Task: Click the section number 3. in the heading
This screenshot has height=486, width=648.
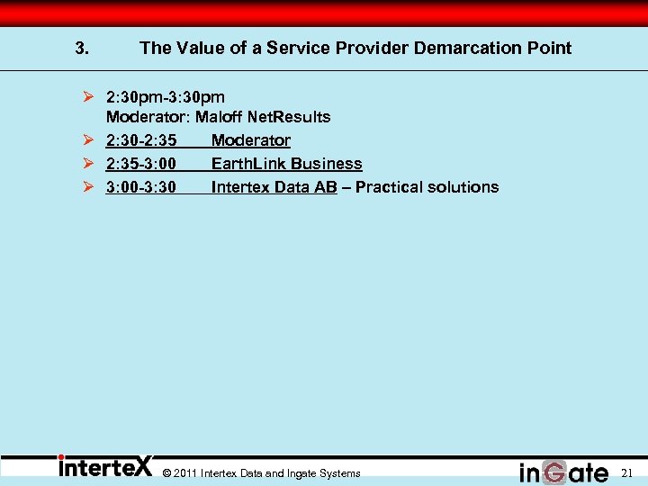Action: [x=82, y=49]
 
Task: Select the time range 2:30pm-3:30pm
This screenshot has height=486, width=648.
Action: [x=166, y=95]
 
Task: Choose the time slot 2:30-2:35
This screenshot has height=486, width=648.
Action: [x=140, y=140]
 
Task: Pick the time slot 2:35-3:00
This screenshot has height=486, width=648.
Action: [x=140, y=164]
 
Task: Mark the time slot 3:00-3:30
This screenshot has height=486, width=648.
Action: [x=140, y=187]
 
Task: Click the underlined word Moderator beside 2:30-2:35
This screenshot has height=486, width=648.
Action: [x=251, y=140]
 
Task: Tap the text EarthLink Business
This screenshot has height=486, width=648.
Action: [x=286, y=164]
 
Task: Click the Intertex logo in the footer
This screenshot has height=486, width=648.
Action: [x=105, y=468]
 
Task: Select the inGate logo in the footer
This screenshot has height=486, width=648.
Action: [x=563, y=472]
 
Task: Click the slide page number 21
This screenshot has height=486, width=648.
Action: [x=627, y=472]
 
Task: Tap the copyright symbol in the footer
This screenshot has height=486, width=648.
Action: [x=167, y=473]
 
